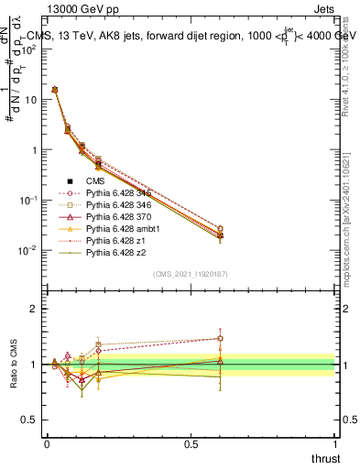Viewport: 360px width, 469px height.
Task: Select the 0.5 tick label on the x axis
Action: [191, 443]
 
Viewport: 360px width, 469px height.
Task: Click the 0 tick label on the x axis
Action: [47, 443]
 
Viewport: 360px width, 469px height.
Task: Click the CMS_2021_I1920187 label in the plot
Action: [191, 275]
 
